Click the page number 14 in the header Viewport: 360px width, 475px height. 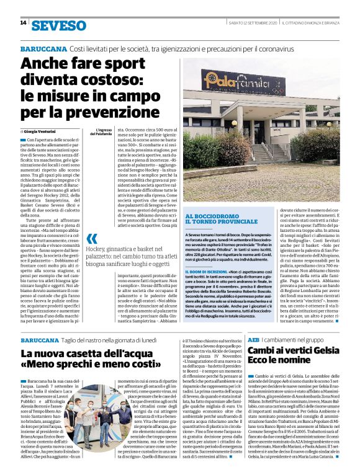pyautogui.click(x=23, y=24)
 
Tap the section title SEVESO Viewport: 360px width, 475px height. pyautogui.click(x=59, y=25)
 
